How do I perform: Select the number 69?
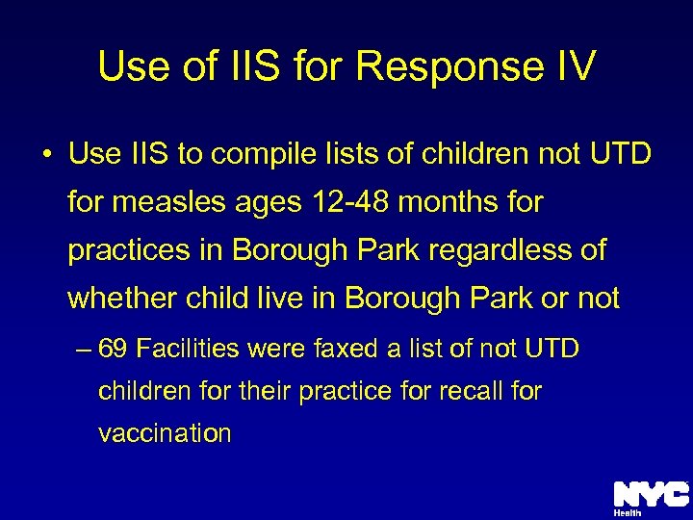click(114, 349)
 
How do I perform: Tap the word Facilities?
click(189, 349)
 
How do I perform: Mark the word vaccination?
click(165, 433)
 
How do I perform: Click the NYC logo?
click(651, 494)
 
